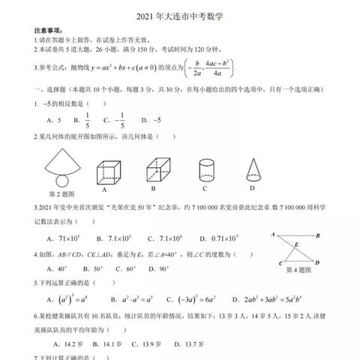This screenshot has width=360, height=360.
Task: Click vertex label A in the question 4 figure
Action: (x=273, y=235)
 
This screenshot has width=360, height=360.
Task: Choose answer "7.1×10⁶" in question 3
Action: (x=168, y=238)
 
